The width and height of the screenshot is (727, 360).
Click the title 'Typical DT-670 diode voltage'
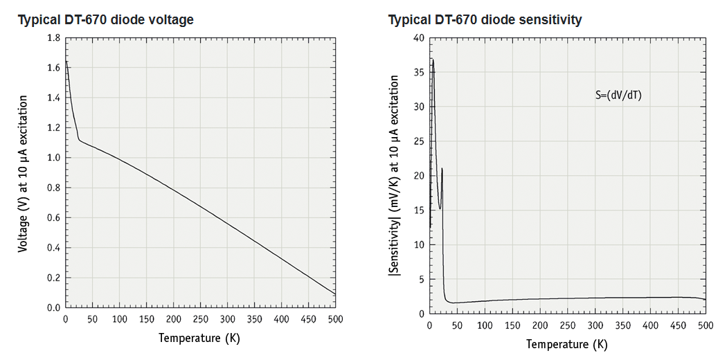coord(105,20)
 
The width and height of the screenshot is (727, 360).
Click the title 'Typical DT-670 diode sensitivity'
coord(485,20)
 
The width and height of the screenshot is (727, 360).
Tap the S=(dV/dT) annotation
coord(618,96)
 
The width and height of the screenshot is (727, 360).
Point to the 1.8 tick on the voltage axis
coord(53,38)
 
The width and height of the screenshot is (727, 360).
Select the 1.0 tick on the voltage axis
coord(53,158)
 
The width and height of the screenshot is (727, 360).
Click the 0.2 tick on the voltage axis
coord(53,278)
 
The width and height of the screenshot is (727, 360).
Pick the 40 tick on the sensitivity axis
coord(418,38)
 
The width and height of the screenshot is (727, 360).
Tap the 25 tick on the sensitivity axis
coord(418,141)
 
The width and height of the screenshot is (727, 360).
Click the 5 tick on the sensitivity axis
coord(421,279)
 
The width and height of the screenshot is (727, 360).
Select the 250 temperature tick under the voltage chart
coord(200,319)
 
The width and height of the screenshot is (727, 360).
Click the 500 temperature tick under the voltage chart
coord(335,319)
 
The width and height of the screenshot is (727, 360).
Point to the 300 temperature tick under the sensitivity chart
coord(595,325)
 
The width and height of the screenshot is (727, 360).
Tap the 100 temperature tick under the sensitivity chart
coord(485,325)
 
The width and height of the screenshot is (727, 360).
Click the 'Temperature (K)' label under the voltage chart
coord(199,338)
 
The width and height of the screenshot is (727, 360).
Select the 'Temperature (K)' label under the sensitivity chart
coord(566,344)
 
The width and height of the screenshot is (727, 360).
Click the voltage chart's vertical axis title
coord(24,173)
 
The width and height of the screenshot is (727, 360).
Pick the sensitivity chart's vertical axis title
coord(394,177)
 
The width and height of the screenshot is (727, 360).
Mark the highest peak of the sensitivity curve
coord(433,60)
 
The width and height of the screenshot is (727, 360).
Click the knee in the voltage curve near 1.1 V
coord(79,140)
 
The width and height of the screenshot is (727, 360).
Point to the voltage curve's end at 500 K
coord(335,294)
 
